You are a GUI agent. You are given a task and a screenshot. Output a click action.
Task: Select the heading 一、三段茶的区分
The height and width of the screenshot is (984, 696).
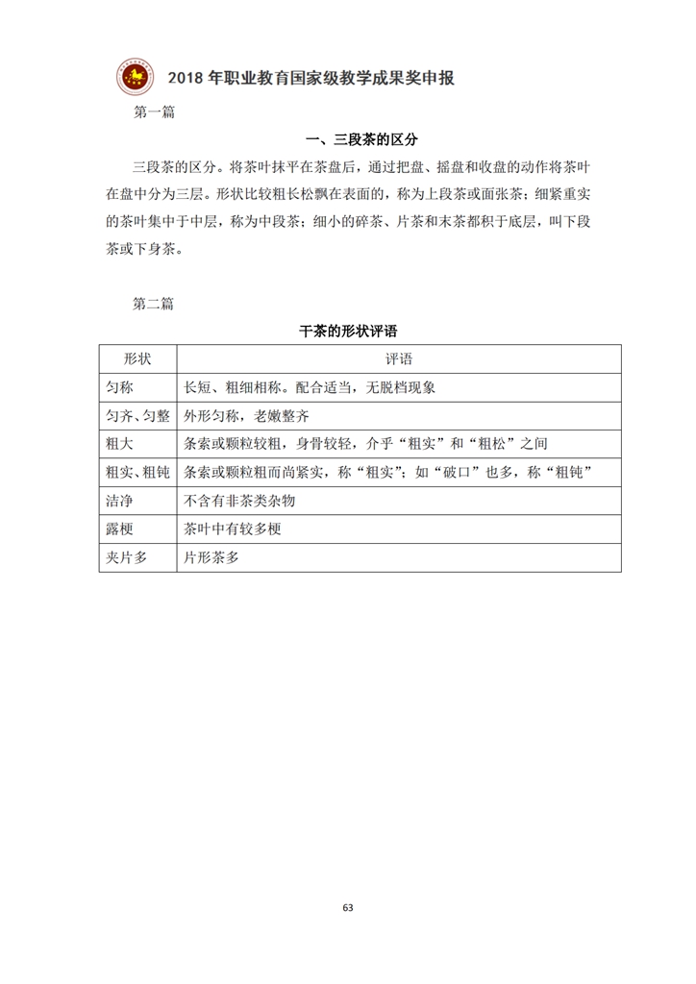pyautogui.click(x=347, y=140)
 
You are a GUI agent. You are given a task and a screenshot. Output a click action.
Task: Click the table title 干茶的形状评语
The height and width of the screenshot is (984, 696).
pyautogui.click(x=348, y=330)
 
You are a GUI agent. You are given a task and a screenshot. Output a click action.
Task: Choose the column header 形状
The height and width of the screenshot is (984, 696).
pyautogui.click(x=137, y=357)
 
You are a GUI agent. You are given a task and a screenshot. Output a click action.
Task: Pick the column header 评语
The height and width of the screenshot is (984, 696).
pyautogui.click(x=398, y=357)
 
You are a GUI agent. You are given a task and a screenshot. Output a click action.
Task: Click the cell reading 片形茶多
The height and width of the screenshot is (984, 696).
pyautogui.click(x=211, y=557)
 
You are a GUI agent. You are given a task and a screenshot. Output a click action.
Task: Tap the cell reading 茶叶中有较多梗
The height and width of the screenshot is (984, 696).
pyautogui.click(x=232, y=529)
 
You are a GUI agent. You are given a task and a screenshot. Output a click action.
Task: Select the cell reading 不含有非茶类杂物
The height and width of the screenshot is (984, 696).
pyautogui.click(x=238, y=501)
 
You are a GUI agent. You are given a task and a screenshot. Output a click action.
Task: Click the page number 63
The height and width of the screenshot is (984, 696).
pyautogui.click(x=348, y=907)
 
